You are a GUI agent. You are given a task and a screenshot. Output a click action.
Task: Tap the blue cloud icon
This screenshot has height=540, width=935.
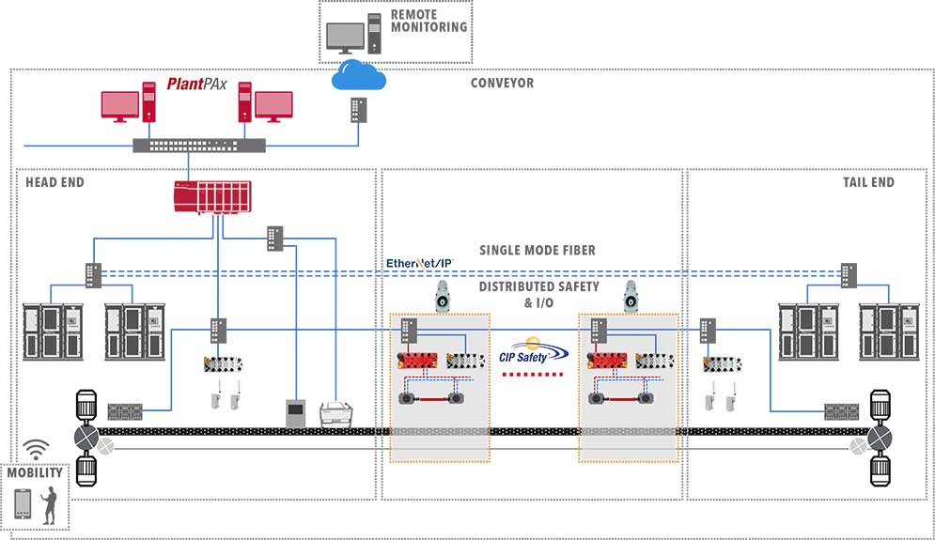tap(359, 75)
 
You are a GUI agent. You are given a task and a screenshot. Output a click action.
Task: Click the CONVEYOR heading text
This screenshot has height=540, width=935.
tap(502, 84)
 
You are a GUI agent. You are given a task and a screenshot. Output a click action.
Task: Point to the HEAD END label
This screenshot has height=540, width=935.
tap(55, 182)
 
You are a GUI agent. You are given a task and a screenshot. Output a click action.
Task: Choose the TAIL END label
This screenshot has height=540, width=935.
tap(868, 182)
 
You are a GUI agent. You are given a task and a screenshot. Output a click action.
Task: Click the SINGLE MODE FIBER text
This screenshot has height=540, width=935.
tap(537, 250)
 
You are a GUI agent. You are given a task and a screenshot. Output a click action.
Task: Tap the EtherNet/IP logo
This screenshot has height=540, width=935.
tap(420, 264)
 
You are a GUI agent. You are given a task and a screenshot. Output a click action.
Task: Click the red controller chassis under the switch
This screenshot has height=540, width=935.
tap(211, 198)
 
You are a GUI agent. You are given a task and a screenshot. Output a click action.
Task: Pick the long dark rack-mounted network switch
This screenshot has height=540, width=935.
tap(198, 146)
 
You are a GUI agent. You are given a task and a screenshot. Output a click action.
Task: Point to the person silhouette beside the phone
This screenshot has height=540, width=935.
tap(52, 504)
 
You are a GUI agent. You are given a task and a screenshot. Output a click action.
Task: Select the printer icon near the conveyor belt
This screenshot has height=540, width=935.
tap(337, 412)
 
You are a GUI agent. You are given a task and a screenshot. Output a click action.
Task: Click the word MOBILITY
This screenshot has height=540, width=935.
tap(35, 472)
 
